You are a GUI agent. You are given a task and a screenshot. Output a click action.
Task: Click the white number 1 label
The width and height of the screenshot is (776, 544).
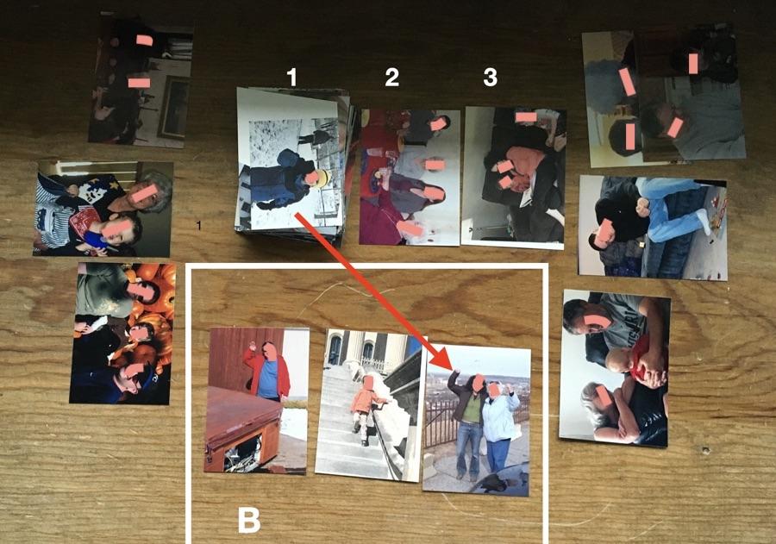coord(292,77)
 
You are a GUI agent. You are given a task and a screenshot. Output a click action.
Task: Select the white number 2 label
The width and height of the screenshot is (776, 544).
coord(391,77)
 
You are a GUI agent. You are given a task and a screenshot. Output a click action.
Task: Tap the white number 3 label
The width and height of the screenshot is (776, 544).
coord(490,77)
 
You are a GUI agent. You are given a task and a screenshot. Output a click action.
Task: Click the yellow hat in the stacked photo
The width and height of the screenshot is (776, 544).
coord(321,178)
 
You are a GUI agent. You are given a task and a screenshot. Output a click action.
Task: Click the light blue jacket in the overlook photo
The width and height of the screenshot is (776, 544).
coord(501,416)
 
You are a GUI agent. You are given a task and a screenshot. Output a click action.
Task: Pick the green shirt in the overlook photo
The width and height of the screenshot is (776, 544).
coord(471,409)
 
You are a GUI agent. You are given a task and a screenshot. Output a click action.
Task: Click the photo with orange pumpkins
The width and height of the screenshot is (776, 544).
coord(123,333)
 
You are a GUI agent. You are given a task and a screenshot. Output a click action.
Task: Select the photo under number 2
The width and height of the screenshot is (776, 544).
coord(410,178)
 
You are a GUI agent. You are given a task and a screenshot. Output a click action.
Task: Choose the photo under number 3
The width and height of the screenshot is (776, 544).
coord(513,177)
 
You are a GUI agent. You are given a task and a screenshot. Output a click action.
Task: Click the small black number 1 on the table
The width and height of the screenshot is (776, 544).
coord(199,226)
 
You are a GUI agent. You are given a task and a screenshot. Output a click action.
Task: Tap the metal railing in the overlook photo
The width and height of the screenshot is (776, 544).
coord(443,422)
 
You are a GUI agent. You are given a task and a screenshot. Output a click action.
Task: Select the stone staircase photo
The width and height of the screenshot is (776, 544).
coord(370,405)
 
